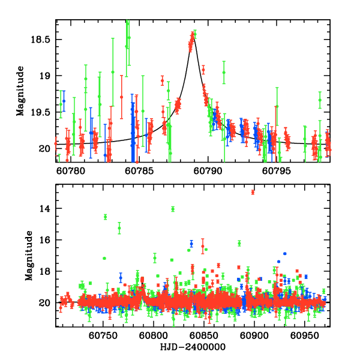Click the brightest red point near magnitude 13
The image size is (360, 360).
click(x=253, y=192)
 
